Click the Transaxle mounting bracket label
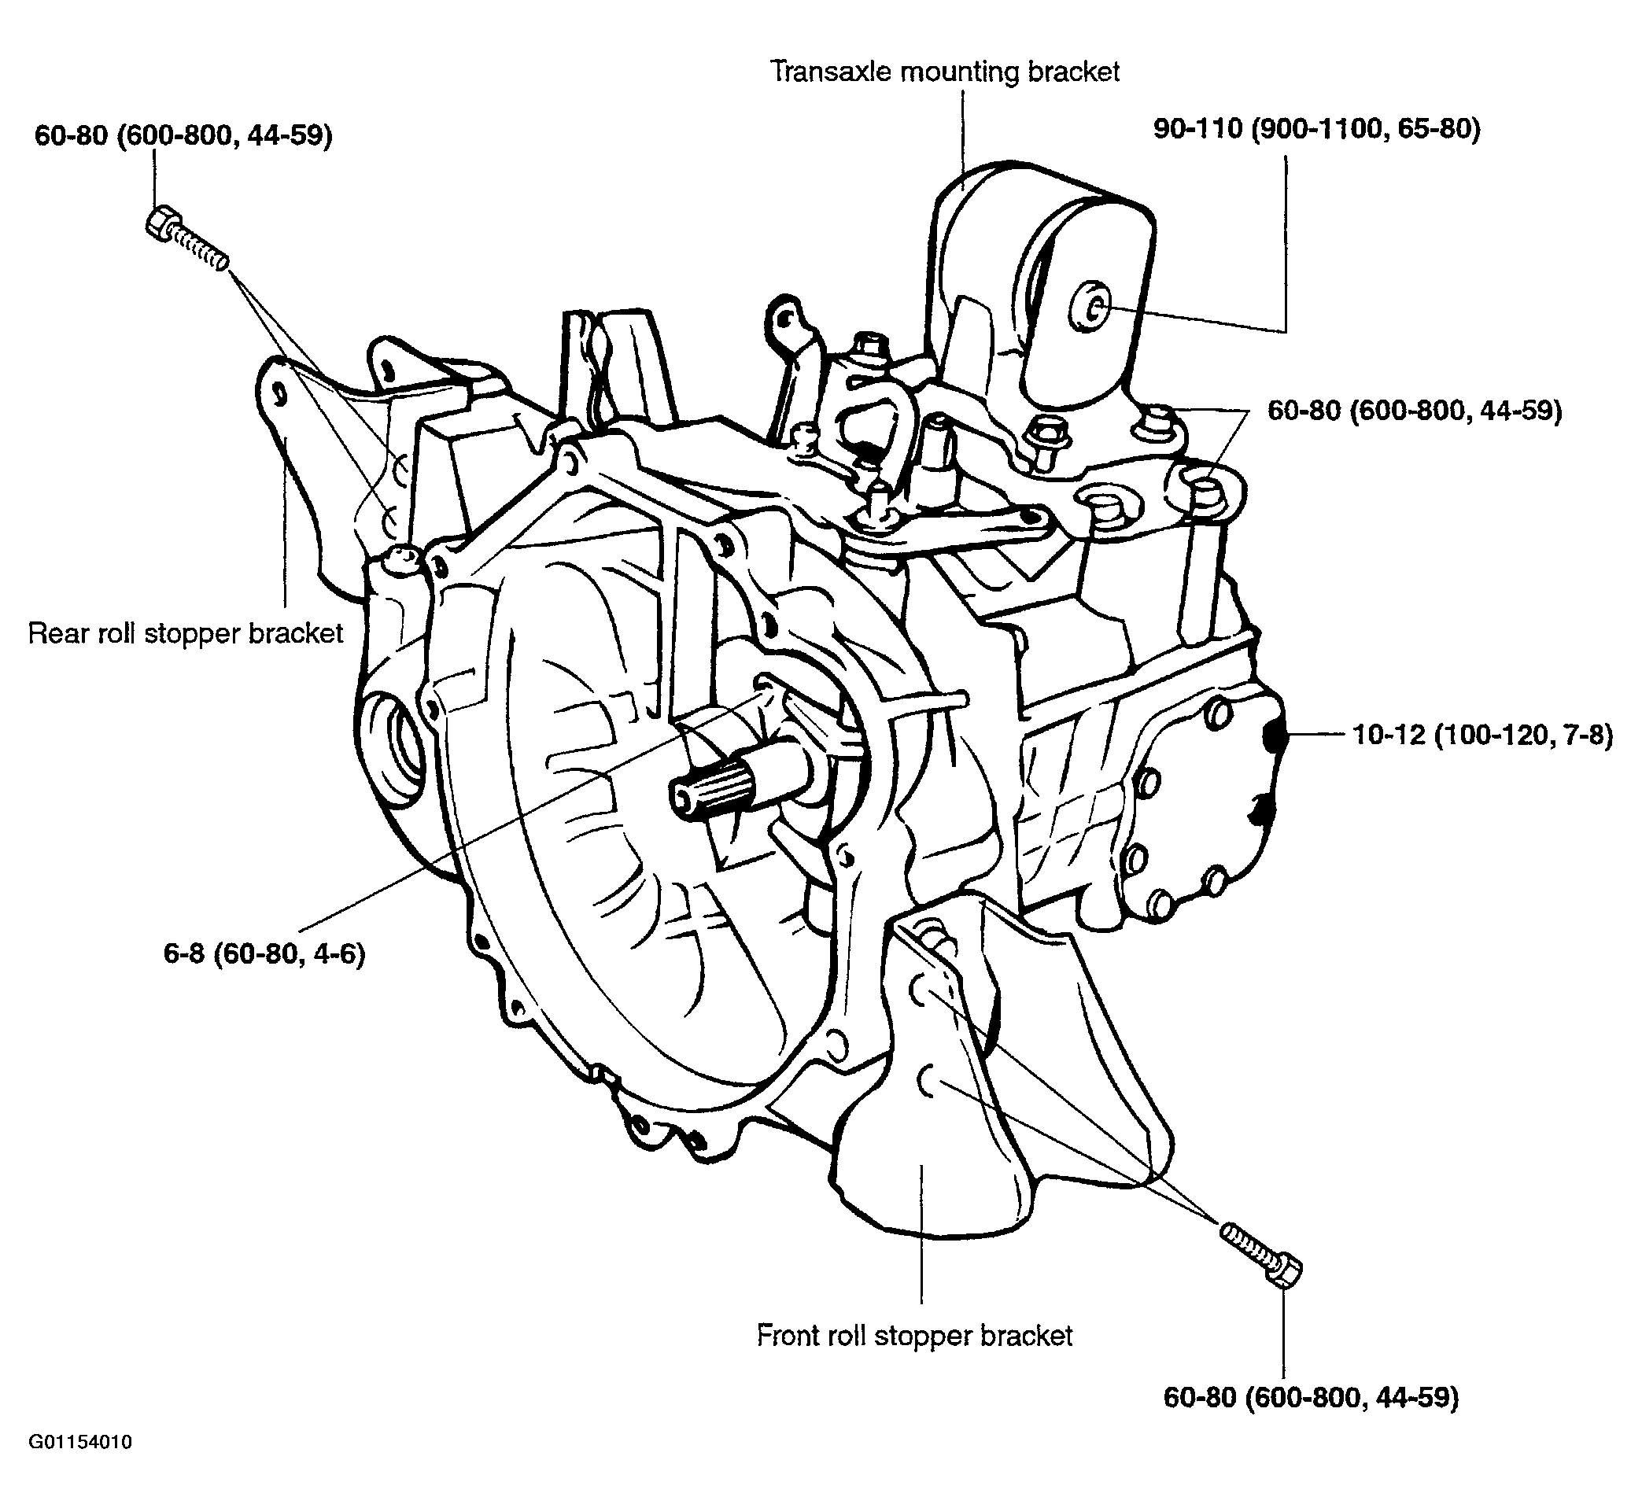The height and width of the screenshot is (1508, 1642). [945, 72]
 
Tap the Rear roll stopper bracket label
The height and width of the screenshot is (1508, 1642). [186, 634]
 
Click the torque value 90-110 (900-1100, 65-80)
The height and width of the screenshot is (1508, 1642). [1316, 129]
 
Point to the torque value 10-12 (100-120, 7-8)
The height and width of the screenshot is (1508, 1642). [1483, 736]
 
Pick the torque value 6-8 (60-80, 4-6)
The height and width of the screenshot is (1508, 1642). [264, 953]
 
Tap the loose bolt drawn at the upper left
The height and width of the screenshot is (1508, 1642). [186, 237]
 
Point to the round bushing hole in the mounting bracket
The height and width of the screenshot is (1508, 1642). [1090, 308]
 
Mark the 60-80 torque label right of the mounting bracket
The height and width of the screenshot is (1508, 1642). [1415, 411]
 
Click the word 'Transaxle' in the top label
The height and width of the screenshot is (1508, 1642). [832, 72]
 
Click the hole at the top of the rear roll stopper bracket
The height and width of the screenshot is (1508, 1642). [280, 394]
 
